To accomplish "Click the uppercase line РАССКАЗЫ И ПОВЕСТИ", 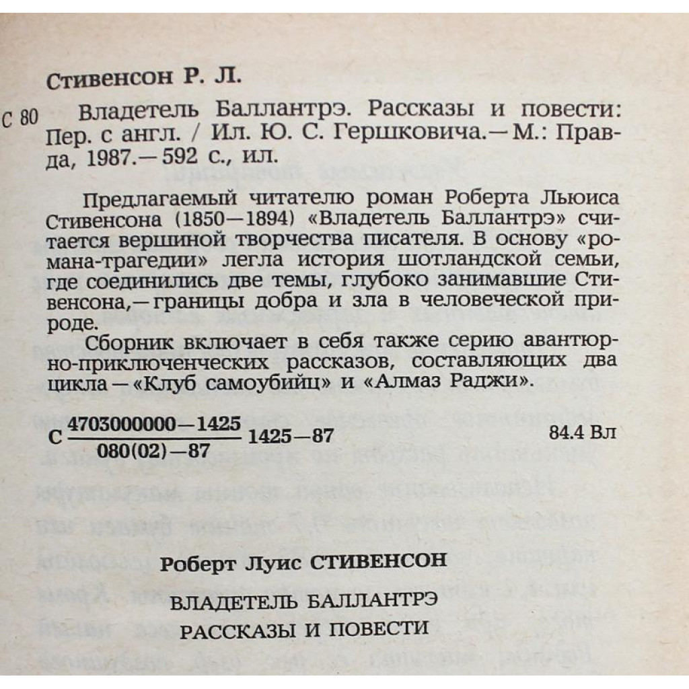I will tap(304, 629).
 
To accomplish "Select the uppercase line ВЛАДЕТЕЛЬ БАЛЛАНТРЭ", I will tap(305, 600).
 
